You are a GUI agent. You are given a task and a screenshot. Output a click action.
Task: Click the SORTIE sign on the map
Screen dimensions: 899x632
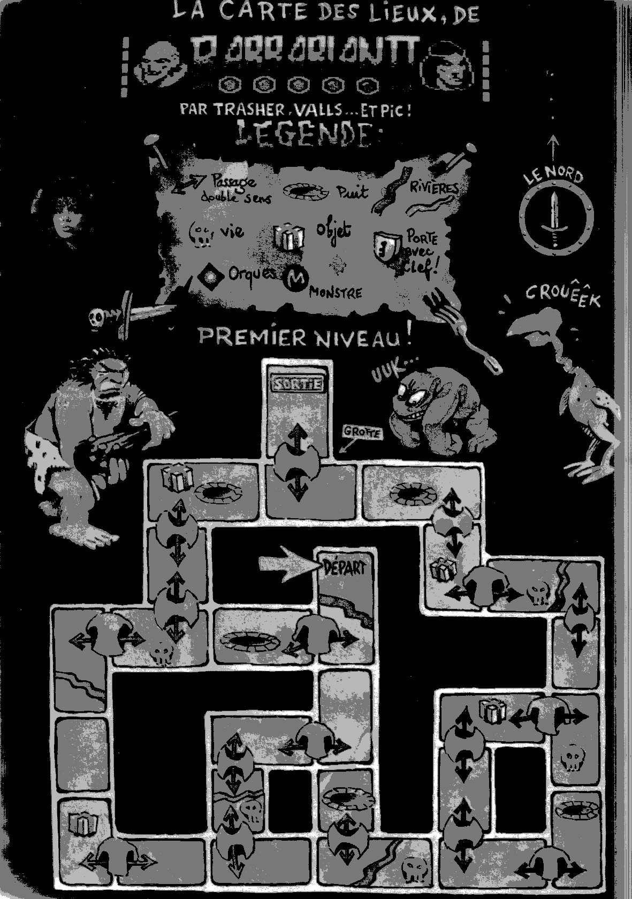(298, 383)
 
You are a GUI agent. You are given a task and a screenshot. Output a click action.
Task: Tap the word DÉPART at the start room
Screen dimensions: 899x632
(345, 567)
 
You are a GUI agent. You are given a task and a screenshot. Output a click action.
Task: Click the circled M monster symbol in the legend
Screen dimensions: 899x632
(294, 278)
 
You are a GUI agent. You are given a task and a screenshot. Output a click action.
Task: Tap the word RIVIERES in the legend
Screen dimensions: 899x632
(434, 187)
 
